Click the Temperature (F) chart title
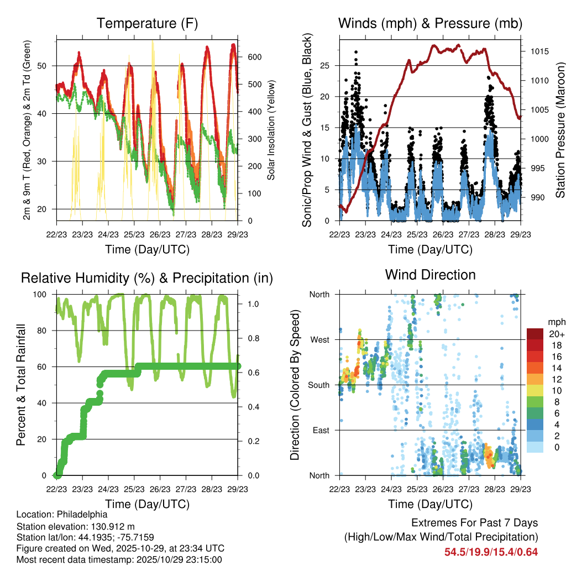click(147, 23)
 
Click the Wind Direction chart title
click(430, 274)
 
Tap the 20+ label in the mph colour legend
click(555, 334)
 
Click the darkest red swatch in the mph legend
click(535, 334)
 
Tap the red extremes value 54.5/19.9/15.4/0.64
click(491, 552)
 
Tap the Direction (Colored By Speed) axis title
click(295, 385)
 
